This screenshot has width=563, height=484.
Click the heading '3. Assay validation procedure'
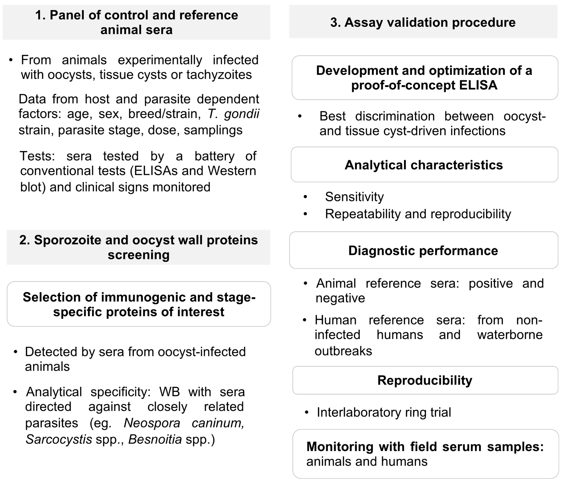click(423, 22)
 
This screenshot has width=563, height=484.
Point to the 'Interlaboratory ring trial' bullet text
click(384, 412)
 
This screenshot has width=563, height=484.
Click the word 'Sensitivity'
click(354, 197)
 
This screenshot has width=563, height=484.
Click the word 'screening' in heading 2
click(139, 255)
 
